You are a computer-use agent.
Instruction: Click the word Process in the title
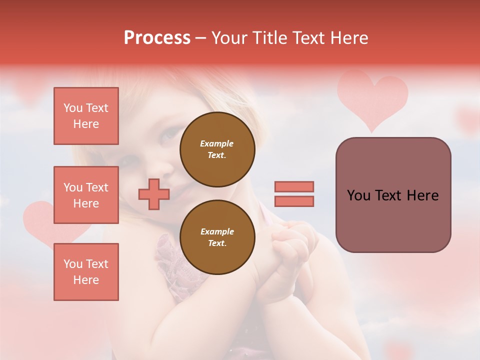point(157,38)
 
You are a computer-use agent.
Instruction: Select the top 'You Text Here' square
point(86,116)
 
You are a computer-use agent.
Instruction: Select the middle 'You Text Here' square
point(86,195)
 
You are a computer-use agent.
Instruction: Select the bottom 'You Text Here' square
point(86,271)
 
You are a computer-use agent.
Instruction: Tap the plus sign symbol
point(154,194)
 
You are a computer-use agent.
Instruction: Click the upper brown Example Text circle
point(217,149)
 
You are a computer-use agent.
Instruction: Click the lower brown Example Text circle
point(217,237)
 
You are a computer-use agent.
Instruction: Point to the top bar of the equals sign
point(294,186)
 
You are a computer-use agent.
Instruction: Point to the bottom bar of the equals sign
point(294,201)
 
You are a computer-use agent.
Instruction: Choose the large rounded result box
point(393,195)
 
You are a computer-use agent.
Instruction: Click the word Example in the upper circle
point(217,143)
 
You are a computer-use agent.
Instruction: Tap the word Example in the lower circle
point(217,231)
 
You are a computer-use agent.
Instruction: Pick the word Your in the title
point(229,38)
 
